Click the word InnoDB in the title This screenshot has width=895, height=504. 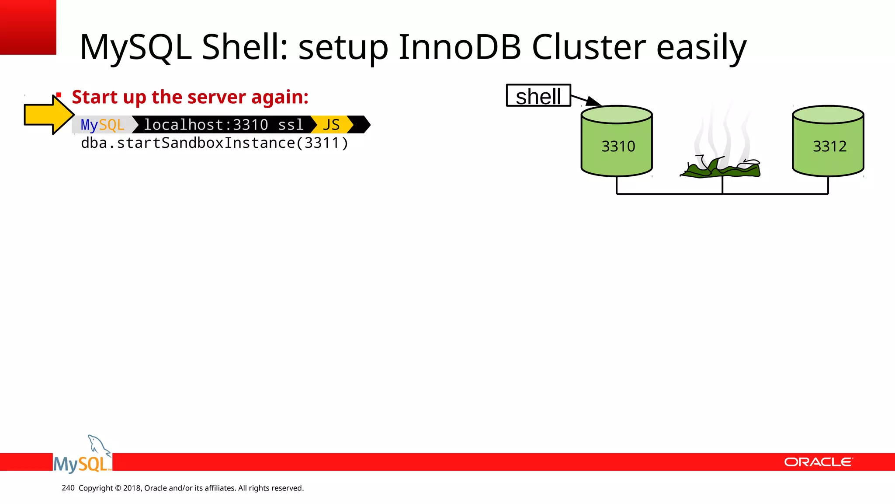click(460, 47)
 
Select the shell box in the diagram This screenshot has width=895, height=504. click(538, 96)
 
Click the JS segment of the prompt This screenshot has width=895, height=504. click(331, 125)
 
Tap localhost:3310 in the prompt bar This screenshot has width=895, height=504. click(206, 125)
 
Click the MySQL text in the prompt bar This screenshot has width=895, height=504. click(103, 125)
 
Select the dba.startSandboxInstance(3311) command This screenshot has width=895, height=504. click(214, 143)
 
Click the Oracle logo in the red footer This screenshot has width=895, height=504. click(818, 462)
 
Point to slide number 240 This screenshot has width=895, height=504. click(68, 488)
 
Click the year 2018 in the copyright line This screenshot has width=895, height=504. click(132, 488)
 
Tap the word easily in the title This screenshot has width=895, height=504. click(701, 47)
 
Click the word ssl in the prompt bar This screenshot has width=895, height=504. click(291, 125)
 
